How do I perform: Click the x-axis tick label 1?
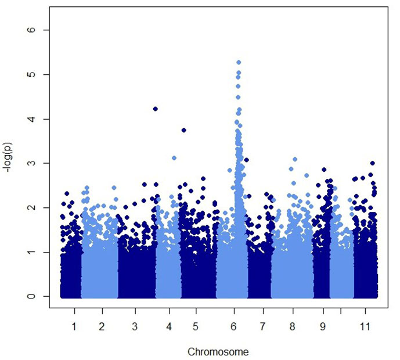coord(74,326)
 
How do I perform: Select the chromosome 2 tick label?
coord(102,326)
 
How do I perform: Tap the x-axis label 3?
coord(135,326)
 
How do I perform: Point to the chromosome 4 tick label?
coord(169,326)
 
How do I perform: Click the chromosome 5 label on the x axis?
coord(196,326)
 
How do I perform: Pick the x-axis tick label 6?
coord(233,326)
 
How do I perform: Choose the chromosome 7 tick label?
coord(262,326)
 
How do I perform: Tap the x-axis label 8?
coord(293,326)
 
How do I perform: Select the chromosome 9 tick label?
coord(323,326)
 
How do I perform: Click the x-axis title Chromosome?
coord(218,352)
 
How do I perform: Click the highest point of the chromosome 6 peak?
coord(239,62)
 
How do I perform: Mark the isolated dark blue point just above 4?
coord(156,109)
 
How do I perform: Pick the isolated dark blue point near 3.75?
coord(183,130)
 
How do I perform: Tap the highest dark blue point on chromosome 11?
coord(373,163)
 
